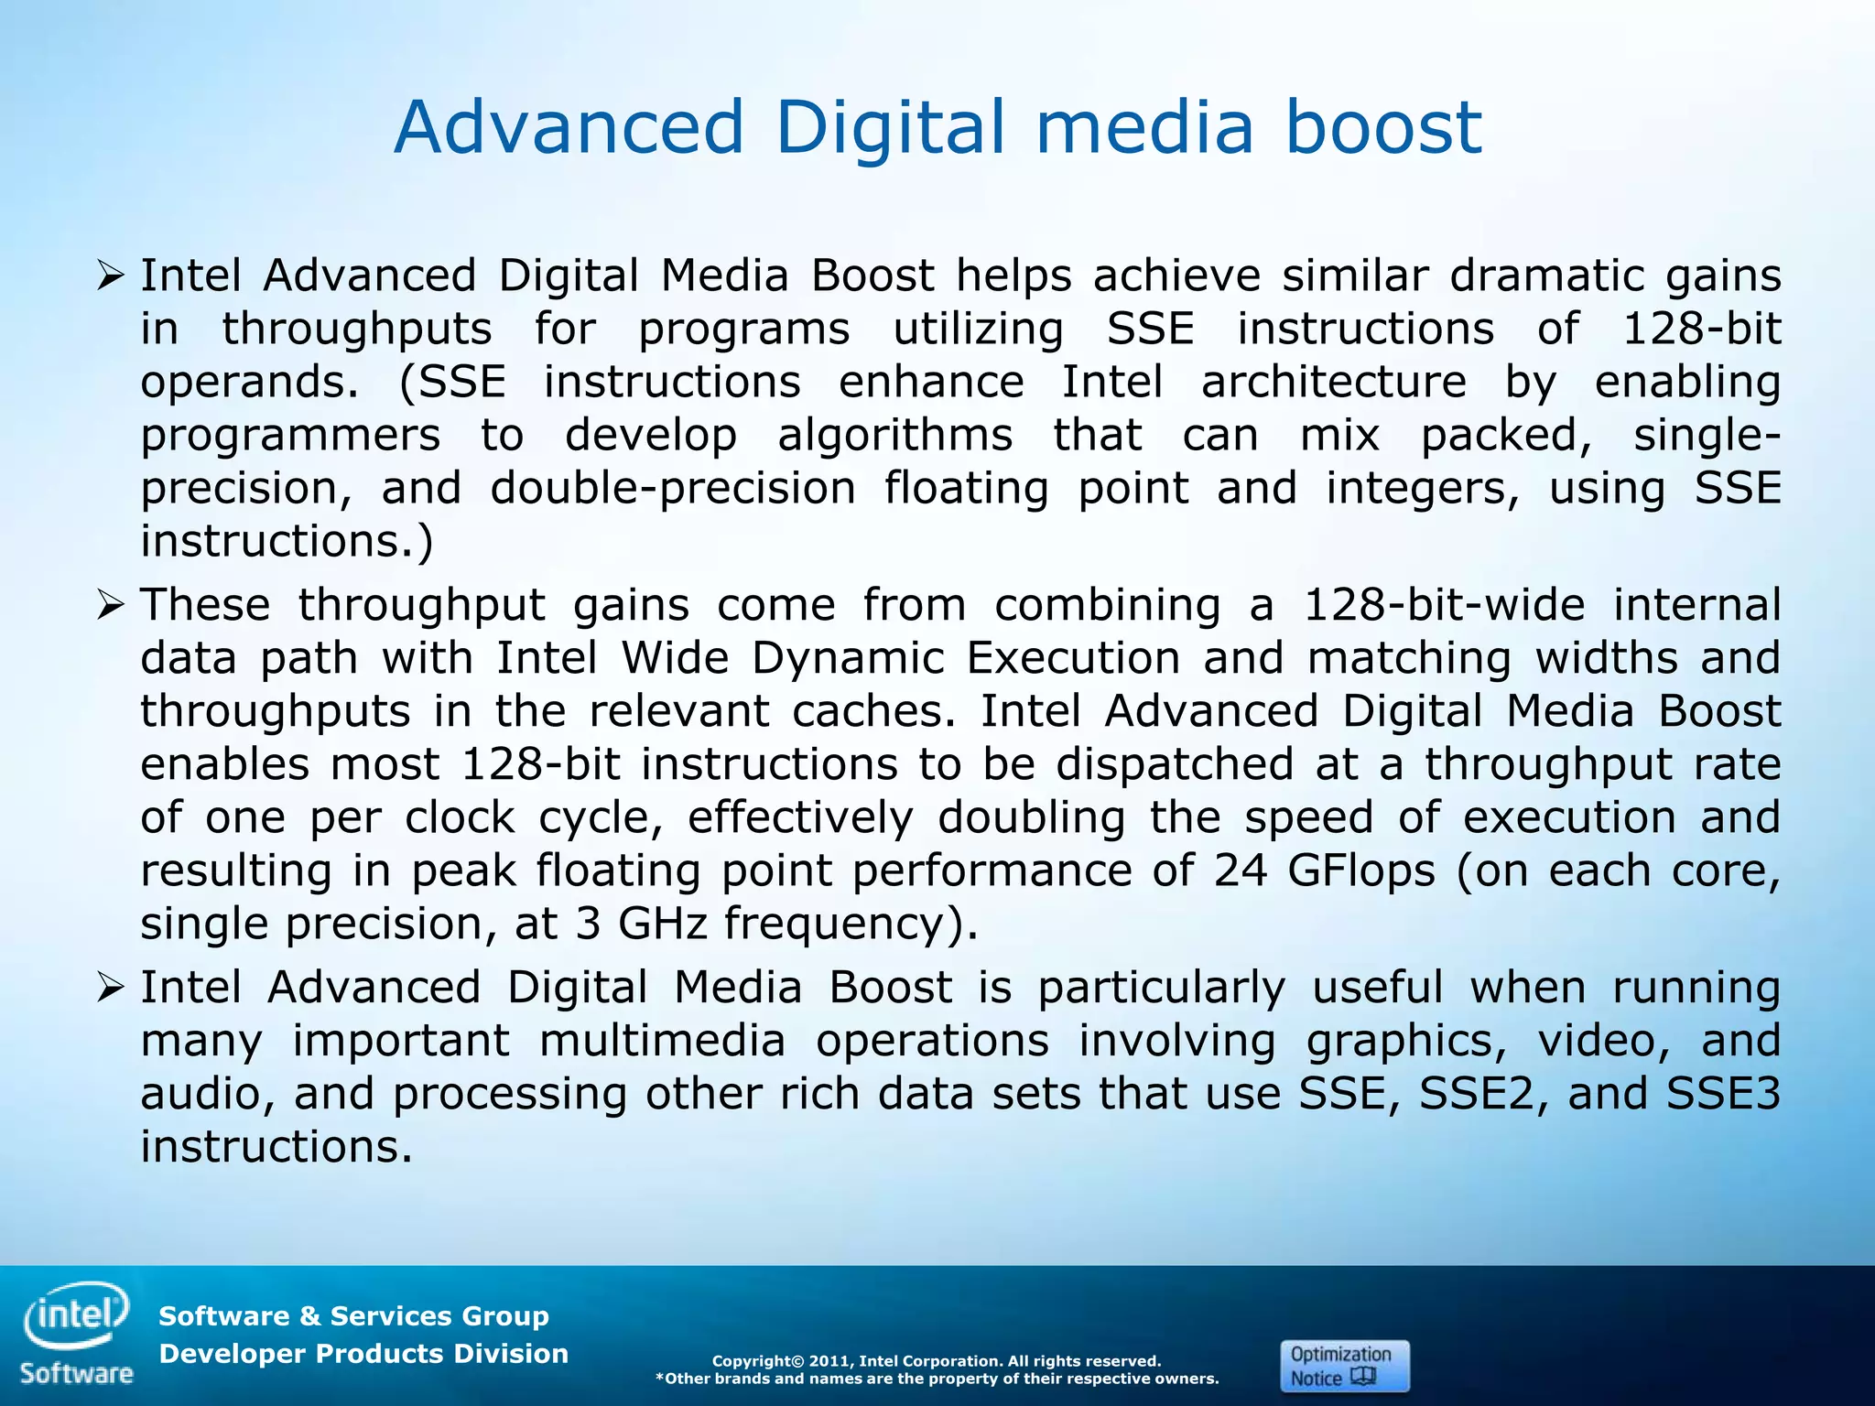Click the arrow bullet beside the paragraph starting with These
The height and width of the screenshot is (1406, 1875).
click(110, 605)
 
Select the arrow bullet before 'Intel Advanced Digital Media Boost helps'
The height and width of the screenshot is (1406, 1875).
click(110, 276)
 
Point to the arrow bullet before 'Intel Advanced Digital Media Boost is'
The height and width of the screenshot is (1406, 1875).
click(110, 988)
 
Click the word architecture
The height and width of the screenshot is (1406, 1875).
click(1333, 383)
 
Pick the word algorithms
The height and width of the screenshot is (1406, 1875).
click(894, 436)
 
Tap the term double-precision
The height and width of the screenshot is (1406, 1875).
click(673, 489)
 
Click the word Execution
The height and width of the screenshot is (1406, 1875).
click(1073, 659)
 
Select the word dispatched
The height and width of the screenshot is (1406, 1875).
click(1175, 765)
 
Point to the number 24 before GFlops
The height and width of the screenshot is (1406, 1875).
click(1241, 871)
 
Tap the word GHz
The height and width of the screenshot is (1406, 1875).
click(663, 925)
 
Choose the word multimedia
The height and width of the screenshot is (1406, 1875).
click(662, 1042)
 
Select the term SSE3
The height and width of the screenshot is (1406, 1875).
click(1723, 1095)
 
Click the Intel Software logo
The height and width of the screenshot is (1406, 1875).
click(77, 1333)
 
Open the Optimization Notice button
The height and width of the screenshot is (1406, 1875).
click(1344, 1366)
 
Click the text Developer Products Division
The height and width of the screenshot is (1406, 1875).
click(363, 1354)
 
